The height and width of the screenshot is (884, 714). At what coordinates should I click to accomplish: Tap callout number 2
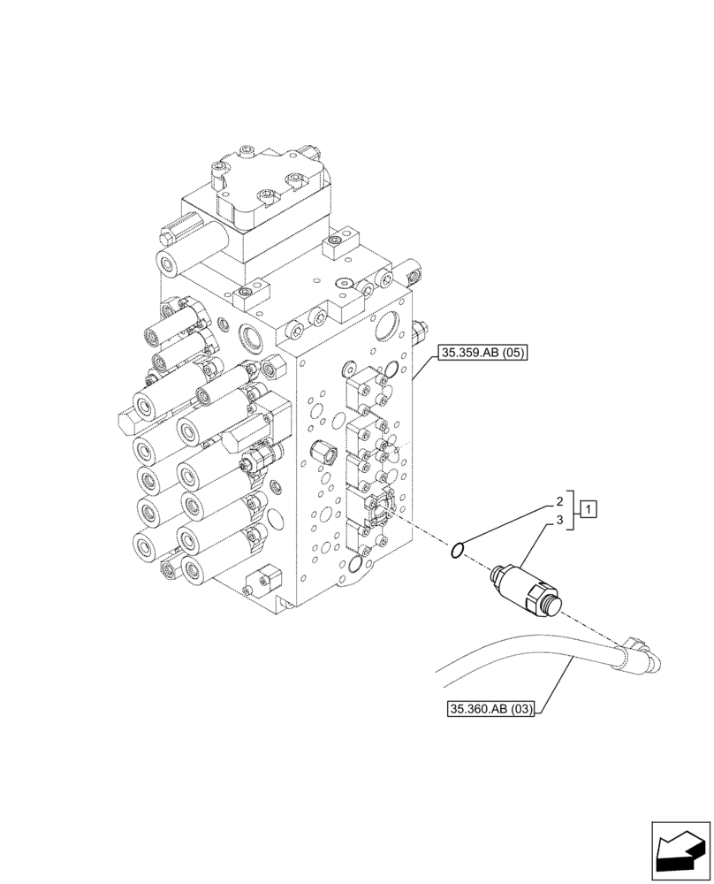pos(559,501)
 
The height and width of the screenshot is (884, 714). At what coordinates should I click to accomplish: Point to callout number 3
pos(559,522)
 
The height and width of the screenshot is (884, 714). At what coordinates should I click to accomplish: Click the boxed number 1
pos(589,509)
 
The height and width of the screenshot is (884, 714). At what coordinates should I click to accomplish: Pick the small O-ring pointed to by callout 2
pos(456,552)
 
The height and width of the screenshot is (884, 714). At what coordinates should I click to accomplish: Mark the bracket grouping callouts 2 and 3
pos(574,510)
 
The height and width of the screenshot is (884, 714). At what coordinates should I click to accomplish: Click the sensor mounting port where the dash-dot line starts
pos(383,505)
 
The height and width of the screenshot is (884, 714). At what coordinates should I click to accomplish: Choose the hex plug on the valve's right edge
pos(418,332)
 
